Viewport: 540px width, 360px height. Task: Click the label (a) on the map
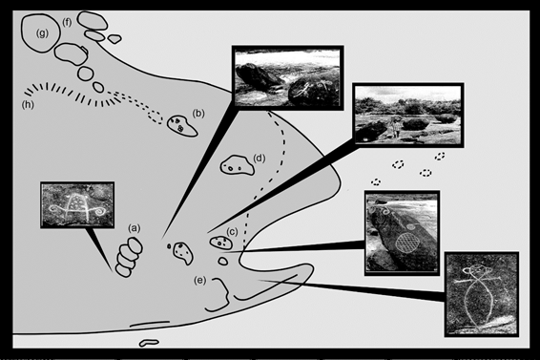click(135, 228)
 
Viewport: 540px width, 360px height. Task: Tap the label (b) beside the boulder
click(198, 113)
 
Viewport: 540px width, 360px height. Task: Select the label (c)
click(232, 232)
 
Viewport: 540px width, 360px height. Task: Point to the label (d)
click(260, 159)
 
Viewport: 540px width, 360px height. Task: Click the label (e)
click(199, 281)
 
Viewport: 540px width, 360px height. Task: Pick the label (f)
click(67, 23)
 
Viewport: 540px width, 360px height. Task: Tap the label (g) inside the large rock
click(42, 33)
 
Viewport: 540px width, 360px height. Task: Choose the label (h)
click(28, 104)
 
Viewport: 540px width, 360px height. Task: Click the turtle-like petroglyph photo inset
click(77, 204)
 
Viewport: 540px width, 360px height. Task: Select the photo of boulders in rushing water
click(288, 78)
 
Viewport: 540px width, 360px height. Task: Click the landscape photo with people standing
click(408, 115)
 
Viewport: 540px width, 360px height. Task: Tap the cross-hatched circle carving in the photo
click(407, 243)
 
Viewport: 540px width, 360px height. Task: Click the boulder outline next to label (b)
click(181, 126)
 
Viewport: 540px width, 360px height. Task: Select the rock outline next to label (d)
click(238, 165)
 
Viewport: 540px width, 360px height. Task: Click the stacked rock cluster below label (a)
click(128, 257)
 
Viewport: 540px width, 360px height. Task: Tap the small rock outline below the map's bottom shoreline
click(149, 343)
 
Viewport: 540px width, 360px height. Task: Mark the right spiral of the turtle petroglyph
click(99, 211)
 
